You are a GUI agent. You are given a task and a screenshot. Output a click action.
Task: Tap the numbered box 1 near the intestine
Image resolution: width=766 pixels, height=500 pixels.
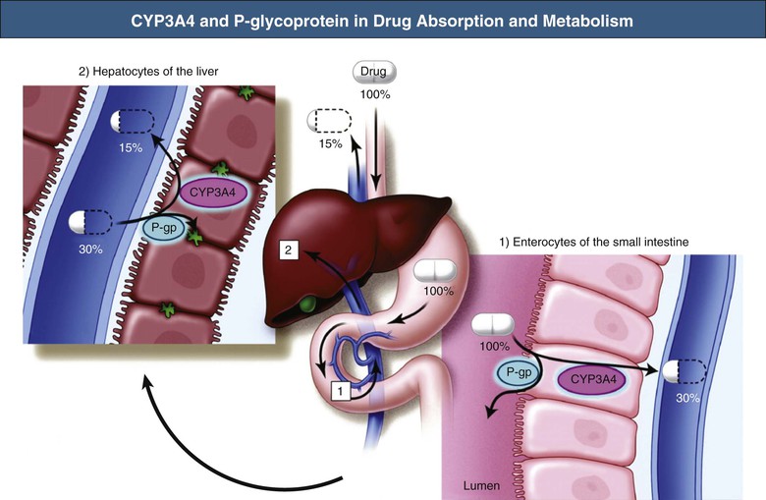pos(341,390)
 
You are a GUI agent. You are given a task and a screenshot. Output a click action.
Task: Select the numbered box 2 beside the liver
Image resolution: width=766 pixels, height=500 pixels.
pos(288,250)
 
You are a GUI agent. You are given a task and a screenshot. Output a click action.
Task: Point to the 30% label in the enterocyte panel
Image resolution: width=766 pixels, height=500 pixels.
pos(687,399)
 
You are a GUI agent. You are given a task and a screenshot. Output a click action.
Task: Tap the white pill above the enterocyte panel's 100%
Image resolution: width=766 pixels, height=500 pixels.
pos(492,325)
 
